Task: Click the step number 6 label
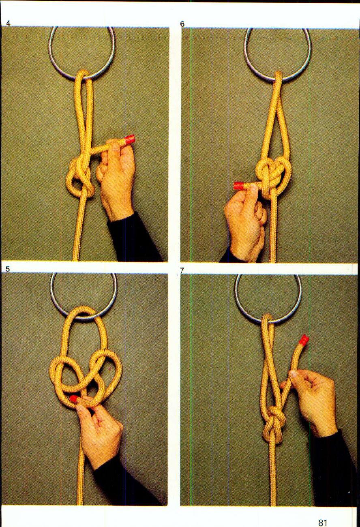(x=182, y=24)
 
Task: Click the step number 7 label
(x=182, y=270)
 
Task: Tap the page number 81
(x=323, y=523)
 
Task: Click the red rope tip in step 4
(x=129, y=140)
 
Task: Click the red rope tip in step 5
(x=74, y=399)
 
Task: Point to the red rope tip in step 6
(x=238, y=186)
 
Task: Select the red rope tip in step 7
(x=304, y=339)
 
